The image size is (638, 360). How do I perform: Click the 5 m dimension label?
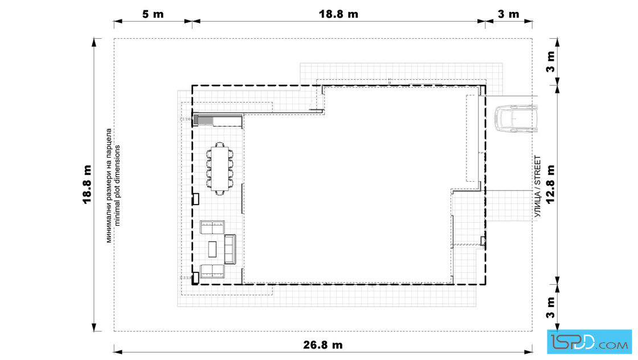click(153, 14)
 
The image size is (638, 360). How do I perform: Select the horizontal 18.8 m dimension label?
click(338, 14)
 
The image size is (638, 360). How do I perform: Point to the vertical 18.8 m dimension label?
click(87, 184)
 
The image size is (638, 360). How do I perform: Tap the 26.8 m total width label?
click(323, 345)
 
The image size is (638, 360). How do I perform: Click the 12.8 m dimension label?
click(550, 184)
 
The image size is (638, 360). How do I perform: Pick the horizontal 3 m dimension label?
click(509, 14)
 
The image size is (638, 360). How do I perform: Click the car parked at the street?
click(516, 119)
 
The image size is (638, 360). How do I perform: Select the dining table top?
click(220, 168)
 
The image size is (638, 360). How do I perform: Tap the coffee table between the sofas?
click(212, 249)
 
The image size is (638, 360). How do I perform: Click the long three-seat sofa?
click(230, 249)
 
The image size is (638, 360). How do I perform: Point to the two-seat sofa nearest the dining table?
click(212, 227)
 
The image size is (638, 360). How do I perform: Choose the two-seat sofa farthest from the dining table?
click(212, 271)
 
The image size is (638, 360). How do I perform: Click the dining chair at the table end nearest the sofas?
click(220, 192)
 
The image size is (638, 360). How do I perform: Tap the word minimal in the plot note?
click(118, 212)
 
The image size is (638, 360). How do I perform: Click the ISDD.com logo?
click(589, 342)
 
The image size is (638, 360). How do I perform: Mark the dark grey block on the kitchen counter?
click(196, 120)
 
